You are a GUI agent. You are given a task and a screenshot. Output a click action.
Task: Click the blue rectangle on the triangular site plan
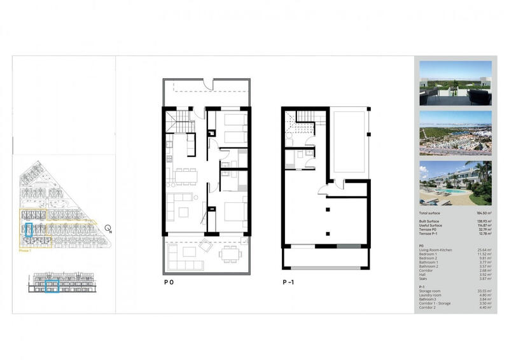[28, 230]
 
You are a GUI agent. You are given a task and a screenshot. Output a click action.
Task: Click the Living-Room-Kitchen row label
[437, 250]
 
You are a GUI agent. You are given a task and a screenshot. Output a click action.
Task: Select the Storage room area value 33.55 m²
[483, 291]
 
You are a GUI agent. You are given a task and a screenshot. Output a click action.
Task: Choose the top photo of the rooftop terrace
[455, 83]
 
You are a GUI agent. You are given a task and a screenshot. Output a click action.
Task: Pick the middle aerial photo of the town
[455, 132]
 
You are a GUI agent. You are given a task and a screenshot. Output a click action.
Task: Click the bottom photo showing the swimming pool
[455, 182]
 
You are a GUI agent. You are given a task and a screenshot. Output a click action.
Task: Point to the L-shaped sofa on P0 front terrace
[184, 258]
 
